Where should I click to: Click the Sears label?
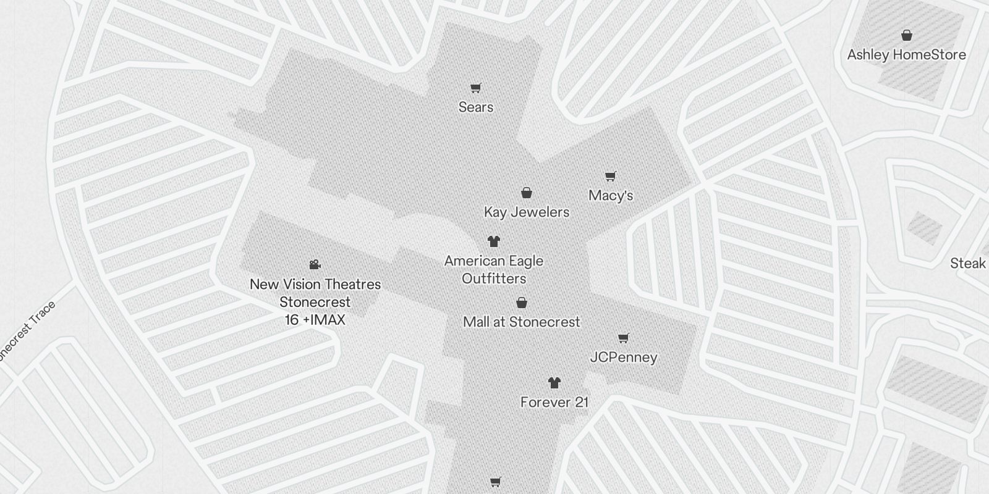[x=476, y=107]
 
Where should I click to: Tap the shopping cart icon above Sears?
[x=475, y=88]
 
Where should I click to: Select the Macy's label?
[x=611, y=196]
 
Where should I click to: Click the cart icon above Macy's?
[x=611, y=177]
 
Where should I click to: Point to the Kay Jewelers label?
[x=527, y=212]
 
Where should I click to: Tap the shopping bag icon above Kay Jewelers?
[x=527, y=193]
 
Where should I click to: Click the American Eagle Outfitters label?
[x=494, y=270]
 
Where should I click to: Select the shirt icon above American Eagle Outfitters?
[x=493, y=241]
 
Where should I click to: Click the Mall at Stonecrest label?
[x=522, y=322]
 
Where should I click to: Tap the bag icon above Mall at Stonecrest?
[x=522, y=303]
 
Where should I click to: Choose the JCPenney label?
[x=624, y=358]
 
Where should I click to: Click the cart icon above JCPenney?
[x=624, y=338]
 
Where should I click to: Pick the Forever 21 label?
[x=554, y=403]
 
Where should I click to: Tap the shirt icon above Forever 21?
[x=554, y=383]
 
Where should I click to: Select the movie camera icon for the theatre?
[x=315, y=265]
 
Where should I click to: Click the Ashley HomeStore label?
[x=906, y=55]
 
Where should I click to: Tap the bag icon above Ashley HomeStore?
[x=907, y=35]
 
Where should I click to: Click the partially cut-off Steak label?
[x=969, y=264]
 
